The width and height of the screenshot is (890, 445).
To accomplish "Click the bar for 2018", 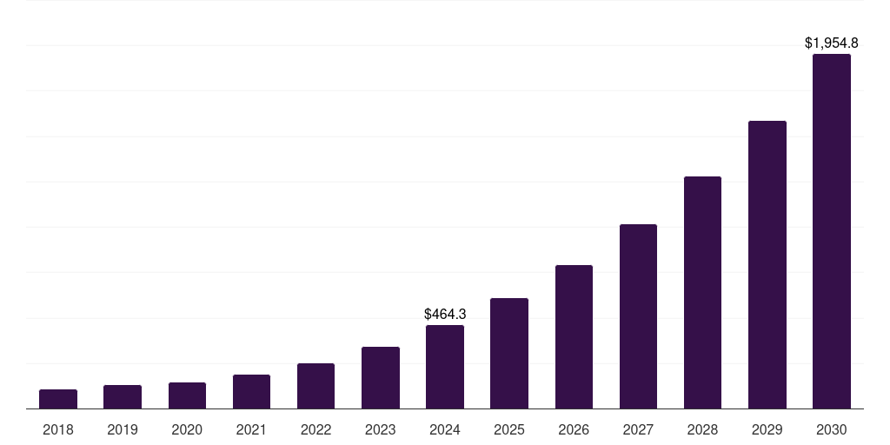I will pyautogui.click(x=58, y=399).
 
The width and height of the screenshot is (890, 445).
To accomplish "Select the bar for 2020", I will pyautogui.click(x=187, y=395).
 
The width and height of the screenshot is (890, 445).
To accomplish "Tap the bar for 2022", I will pyautogui.click(x=315, y=386).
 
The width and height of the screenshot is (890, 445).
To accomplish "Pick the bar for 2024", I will pyautogui.click(x=445, y=367).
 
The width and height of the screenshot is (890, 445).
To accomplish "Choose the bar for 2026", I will pyautogui.click(x=574, y=337).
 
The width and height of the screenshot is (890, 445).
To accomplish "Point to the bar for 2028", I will pyautogui.click(x=702, y=293).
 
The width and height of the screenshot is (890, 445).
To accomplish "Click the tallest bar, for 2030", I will pyautogui.click(x=832, y=231).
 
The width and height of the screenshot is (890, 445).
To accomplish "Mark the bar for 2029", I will pyautogui.click(x=767, y=265).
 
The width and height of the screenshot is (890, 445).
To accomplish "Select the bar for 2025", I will pyautogui.click(x=509, y=354).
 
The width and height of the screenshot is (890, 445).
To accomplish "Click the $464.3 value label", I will pyautogui.click(x=445, y=314).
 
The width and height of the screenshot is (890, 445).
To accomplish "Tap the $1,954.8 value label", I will pyautogui.click(x=832, y=43).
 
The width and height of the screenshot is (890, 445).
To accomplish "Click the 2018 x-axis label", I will pyautogui.click(x=58, y=429).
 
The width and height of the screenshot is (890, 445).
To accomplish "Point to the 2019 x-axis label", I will pyautogui.click(x=123, y=429).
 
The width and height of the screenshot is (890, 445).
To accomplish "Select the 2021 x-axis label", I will pyautogui.click(x=251, y=429).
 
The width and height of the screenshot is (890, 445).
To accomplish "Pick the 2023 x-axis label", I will pyautogui.click(x=381, y=429).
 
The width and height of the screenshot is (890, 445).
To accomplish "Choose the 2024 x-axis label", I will pyautogui.click(x=445, y=429).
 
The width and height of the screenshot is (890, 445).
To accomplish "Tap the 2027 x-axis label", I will pyautogui.click(x=638, y=429).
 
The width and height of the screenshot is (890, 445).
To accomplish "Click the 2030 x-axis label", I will pyautogui.click(x=832, y=429).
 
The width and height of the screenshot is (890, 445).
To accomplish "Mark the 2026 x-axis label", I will pyautogui.click(x=574, y=429).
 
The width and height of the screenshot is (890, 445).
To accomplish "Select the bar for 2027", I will pyautogui.click(x=638, y=316).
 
